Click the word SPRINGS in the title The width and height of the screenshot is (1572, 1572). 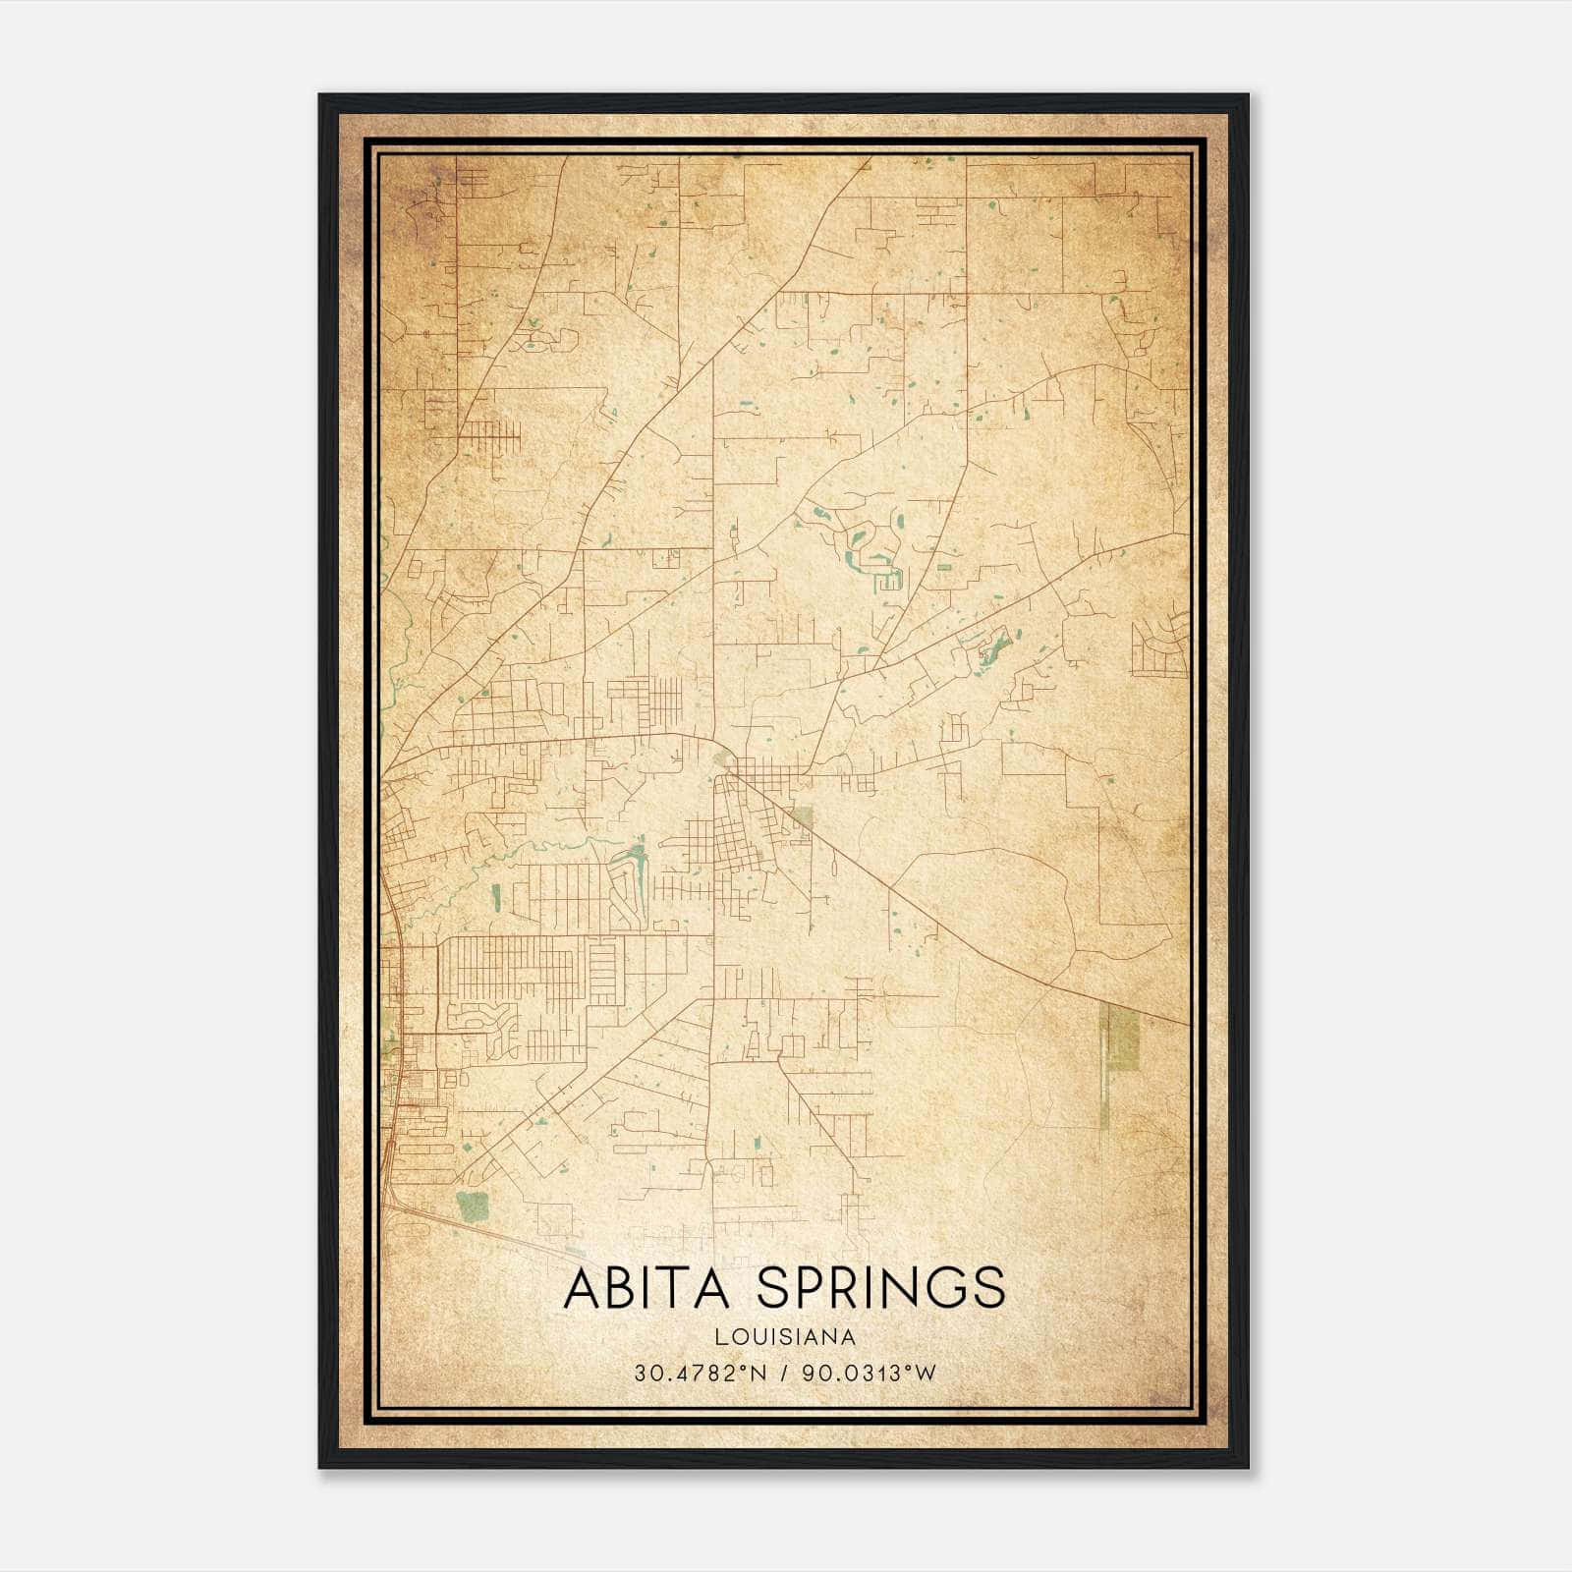pos(881,1288)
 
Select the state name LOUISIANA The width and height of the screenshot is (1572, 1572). pos(785,1337)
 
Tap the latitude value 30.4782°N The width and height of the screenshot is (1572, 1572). pos(700,1373)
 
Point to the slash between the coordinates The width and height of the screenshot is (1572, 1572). pos(784,1373)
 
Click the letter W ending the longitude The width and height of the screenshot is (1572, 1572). pos(926,1373)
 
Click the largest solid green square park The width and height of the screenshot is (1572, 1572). pos(473,1207)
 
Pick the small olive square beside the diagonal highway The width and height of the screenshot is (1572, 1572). pos(804,818)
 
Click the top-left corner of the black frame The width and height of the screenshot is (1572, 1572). pos(320,95)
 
